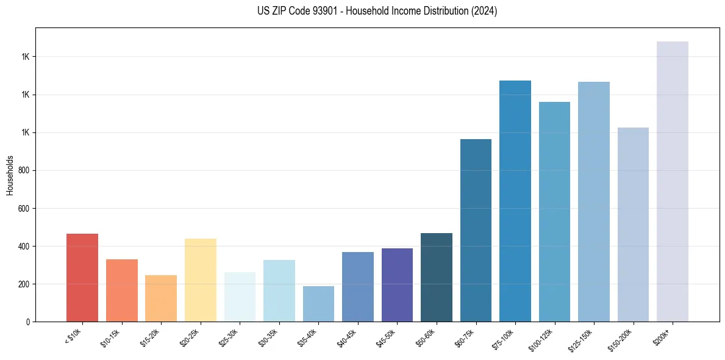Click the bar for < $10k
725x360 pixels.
pyautogui.click(x=82, y=278)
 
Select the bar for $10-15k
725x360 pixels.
pyautogui.click(x=121, y=290)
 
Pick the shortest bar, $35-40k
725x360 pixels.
pyautogui.click(x=318, y=304)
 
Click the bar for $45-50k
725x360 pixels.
pyautogui.click(x=397, y=285)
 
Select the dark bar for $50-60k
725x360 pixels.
pyautogui.click(x=437, y=278)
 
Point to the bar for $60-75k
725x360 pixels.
pyautogui.click(x=476, y=231)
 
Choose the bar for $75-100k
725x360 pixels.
pyautogui.click(x=515, y=201)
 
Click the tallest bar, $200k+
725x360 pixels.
pyautogui.click(x=673, y=182)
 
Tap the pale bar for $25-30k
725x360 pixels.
pyautogui.click(x=240, y=297)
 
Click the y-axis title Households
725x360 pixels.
pyautogui.click(x=10, y=175)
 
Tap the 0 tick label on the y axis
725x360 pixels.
pyautogui.click(x=27, y=322)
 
